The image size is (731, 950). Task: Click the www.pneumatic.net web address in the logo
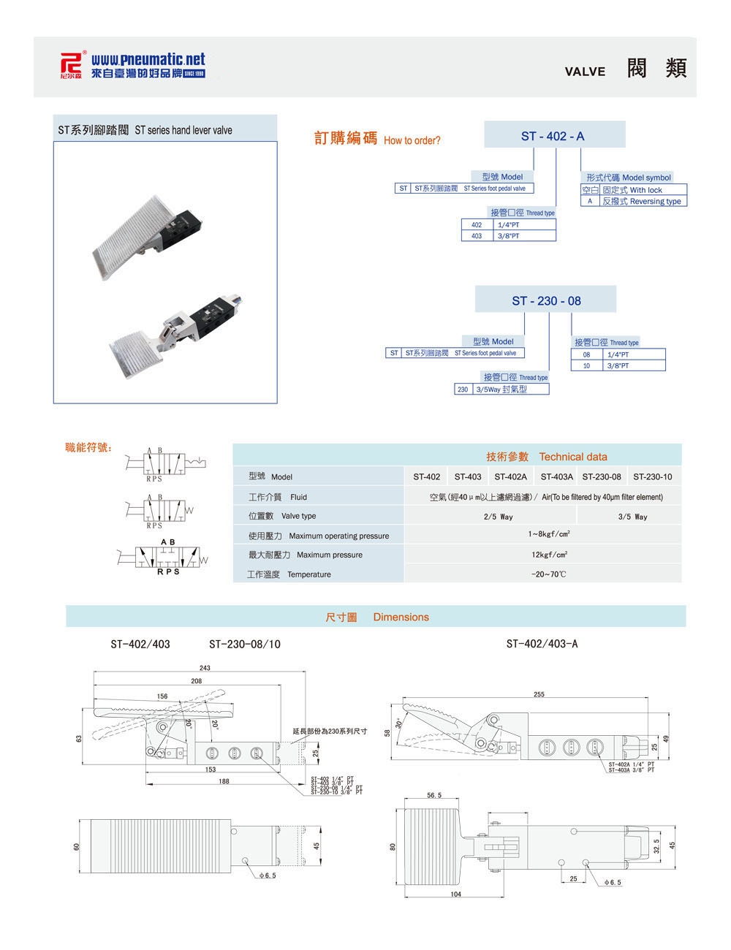click(x=148, y=59)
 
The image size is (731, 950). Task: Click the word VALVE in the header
click(x=585, y=71)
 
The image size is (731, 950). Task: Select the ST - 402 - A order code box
click(x=553, y=136)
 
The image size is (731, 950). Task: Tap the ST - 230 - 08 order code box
click(x=546, y=300)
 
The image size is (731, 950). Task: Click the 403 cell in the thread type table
click(x=477, y=236)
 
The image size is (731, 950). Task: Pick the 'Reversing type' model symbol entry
click(x=641, y=201)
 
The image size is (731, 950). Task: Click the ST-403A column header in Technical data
click(x=556, y=476)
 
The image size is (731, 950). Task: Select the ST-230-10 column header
click(x=652, y=476)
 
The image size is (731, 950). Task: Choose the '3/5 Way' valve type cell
click(x=632, y=517)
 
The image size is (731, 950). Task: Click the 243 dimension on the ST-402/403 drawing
click(x=205, y=668)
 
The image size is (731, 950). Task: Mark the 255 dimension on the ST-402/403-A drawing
click(x=539, y=694)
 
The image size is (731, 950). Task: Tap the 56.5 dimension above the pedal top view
click(x=434, y=795)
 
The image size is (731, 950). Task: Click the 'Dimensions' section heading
click(x=401, y=617)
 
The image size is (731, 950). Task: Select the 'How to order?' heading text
click(x=412, y=140)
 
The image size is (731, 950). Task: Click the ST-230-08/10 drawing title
click(x=244, y=644)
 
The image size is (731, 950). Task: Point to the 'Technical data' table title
click(x=572, y=457)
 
